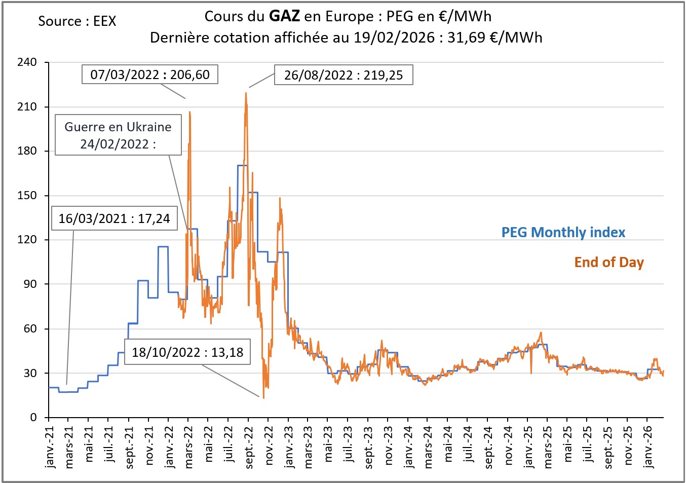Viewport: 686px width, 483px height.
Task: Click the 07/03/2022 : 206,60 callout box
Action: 150,75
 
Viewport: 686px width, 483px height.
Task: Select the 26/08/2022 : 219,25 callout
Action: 344,75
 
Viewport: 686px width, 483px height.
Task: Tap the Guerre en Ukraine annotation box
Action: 118,135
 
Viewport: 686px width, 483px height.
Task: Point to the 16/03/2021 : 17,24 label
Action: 115,218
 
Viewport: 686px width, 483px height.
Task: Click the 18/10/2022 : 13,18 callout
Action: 187,352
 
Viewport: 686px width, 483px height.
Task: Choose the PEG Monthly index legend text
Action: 563,233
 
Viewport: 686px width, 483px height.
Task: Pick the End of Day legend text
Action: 608,263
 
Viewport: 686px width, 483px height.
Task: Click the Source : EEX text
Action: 77,21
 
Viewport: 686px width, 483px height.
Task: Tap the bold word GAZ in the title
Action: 284,16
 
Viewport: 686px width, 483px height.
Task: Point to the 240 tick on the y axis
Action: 27,62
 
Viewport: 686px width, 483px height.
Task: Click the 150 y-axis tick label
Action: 27,196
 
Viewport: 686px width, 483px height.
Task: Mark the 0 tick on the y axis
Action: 33,418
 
